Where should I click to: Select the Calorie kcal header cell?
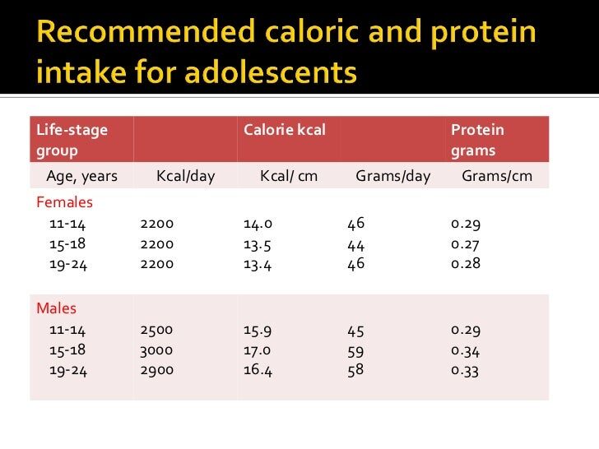point(285,131)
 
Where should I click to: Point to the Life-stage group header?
point(72,141)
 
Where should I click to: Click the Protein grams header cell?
point(477,141)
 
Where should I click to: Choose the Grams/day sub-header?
point(392,176)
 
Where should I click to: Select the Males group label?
point(57,309)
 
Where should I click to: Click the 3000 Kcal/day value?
point(157,349)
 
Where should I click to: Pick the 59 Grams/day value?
point(355,349)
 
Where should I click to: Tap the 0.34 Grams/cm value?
point(466,349)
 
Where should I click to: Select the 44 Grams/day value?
point(356,244)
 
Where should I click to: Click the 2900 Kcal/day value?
point(157,370)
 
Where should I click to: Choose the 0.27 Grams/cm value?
point(466,244)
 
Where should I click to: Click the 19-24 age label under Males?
point(67,370)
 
